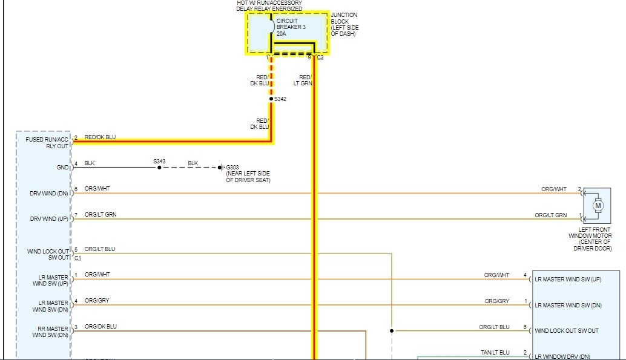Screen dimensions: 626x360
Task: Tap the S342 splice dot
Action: click(271, 99)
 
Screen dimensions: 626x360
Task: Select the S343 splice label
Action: click(159, 161)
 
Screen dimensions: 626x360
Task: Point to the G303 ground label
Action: click(232, 166)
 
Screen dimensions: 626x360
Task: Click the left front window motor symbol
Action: click(598, 206)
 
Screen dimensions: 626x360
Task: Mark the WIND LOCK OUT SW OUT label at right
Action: click(566, 331)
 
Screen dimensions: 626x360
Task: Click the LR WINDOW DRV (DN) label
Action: click(562, 356)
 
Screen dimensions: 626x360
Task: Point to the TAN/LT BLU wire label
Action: click(496, 353)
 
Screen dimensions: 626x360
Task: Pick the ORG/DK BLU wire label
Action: click(100, 327)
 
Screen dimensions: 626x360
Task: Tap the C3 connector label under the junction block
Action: click(320, 58)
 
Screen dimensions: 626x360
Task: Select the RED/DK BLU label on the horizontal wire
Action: click(100, 137)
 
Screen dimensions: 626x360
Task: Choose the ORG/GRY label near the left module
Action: click(97, 301)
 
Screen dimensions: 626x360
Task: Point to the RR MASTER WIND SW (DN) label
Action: click(51, 332)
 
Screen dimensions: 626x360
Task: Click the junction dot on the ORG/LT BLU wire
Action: click(392, 331)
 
